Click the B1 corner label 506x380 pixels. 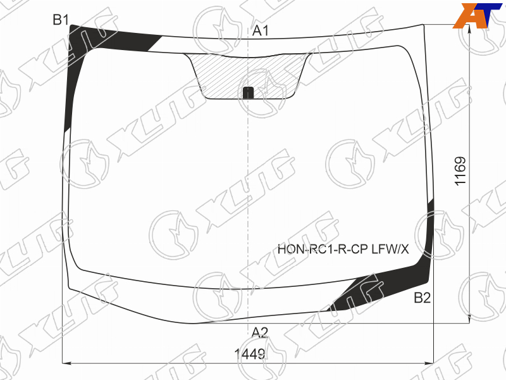(x=61, y=20)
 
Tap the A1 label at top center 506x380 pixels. (x=261, y=30)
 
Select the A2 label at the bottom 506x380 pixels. (x=260, y=332)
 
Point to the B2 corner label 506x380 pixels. (x=423, y=298)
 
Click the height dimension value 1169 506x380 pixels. (x=460, y=171)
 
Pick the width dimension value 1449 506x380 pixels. (x=250, y=354)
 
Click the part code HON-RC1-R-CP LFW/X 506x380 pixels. (x=343, y=249)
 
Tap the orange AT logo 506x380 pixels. (x=478, y=15)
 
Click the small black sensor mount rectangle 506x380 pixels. (x=248, y=92)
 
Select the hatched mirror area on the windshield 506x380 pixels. (x=248, y=76)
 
